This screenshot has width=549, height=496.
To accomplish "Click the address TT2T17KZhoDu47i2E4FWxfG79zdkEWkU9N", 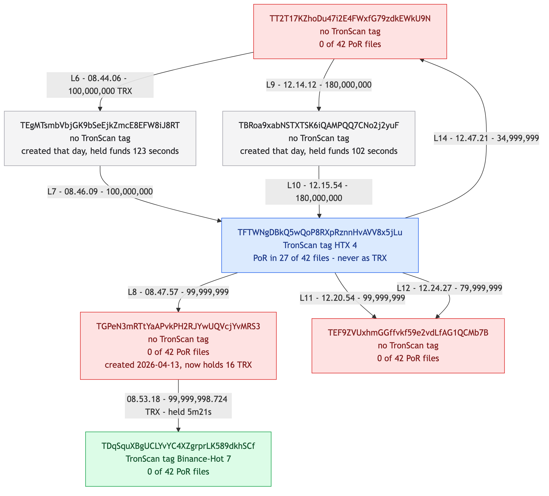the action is [350, 19].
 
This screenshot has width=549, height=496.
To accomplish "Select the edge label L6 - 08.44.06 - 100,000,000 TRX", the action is [100, 85].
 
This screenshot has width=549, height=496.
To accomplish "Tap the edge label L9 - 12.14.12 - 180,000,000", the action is [319, 85].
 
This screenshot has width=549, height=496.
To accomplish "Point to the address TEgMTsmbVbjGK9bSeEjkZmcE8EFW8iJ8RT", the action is [100, 125].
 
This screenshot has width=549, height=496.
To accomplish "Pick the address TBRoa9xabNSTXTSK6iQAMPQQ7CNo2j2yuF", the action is [319, 125].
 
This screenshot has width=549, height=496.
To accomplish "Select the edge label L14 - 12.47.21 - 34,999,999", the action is [486, 138].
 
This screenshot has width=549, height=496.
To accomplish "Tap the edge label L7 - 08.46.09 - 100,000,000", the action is [100, 191].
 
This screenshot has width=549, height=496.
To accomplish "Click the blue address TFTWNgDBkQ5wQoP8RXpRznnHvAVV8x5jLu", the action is [320, 233].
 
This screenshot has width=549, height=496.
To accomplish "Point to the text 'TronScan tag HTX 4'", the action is [320, 245].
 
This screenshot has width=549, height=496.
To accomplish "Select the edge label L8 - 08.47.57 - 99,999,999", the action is [178, 292].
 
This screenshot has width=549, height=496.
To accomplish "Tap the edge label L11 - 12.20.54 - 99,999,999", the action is [352, 298].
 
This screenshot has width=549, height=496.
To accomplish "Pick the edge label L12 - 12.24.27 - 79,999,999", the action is [450, 288].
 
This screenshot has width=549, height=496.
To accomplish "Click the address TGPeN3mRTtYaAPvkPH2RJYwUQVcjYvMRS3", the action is [178, 327].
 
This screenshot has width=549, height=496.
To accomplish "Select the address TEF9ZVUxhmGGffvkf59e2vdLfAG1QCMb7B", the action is [408, 333].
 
